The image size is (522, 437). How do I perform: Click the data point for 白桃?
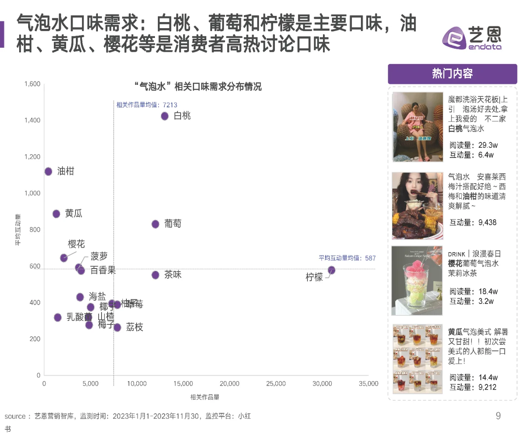[165, 116]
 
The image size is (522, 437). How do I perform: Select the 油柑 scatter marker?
[49, 171]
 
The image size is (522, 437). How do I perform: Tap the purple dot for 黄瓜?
[56, 214]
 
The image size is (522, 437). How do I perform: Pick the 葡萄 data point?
[155, 224]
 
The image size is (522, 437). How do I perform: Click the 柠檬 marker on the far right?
[332, 270]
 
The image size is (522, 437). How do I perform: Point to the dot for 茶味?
[155, 275]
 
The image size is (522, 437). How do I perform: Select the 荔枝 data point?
[117, 327]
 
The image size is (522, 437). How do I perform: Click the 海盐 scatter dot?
[80, 297]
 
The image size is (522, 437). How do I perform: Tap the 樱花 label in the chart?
[76, 244]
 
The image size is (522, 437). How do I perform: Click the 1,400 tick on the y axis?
[32, 120]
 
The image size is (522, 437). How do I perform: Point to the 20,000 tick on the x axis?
[230, 384]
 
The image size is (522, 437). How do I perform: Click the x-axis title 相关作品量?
[205, 397]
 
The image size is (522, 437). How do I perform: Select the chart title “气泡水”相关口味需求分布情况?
[198, 87]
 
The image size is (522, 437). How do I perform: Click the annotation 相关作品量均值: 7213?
[147, 105]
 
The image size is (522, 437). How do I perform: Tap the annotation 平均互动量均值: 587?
[347, 258]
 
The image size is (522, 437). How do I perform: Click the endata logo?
[472, 38]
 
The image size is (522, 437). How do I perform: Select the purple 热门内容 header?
[452, 73]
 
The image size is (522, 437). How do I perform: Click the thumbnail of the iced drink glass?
[417, 281]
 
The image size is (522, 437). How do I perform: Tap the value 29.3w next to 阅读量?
[488, 145]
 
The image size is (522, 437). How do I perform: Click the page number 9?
[498, 416]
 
